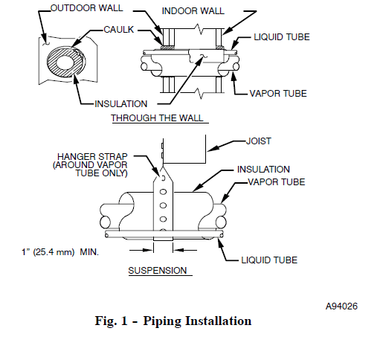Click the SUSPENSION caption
coord(157,270)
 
